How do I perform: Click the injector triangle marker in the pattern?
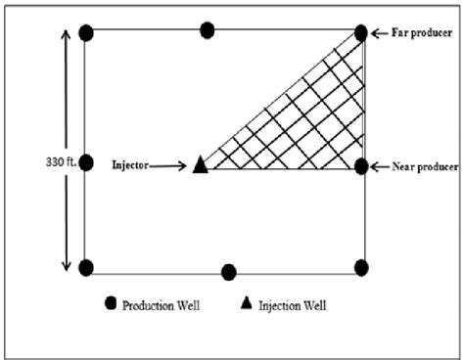(201, 165)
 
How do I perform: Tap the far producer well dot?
(361, 33)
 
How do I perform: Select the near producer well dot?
(361, 166)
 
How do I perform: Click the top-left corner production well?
(86, 33)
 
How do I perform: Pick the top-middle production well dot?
(208, 30)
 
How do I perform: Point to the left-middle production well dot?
(86, 162)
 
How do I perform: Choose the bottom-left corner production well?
(86, 268)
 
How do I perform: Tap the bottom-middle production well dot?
(229, 272)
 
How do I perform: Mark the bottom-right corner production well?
(361, 268)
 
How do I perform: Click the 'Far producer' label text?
(422, 32)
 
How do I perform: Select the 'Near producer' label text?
(425, 167)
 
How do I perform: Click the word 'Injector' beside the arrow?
(130, 165)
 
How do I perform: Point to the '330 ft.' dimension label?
(61, 162)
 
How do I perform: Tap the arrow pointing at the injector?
(167, 166)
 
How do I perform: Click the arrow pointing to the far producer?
(380, 33)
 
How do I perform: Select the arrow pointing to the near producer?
(380, 167)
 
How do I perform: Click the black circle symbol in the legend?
(111, 303)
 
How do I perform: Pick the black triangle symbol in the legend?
(247, 302)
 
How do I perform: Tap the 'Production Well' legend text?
(161, 306)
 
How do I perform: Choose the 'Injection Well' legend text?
(293, 306)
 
